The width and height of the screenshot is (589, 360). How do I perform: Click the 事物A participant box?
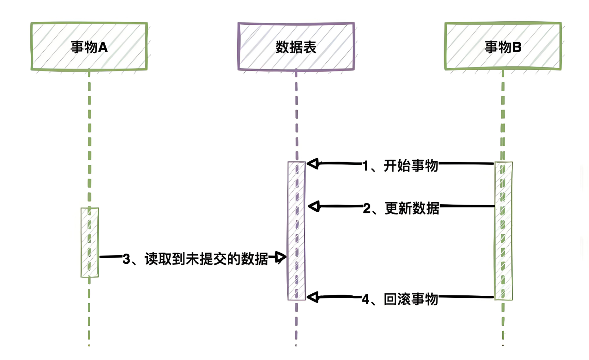[89, 47]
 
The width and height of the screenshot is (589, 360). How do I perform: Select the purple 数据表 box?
[296, 47]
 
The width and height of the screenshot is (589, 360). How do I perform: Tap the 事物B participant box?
[503, 47]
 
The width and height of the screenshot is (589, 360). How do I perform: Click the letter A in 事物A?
[103, 47]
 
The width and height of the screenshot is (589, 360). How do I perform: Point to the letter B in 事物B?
[517, 47]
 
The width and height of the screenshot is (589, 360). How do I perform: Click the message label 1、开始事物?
[400, 166]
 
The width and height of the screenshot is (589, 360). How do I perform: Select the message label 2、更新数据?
[401, 208]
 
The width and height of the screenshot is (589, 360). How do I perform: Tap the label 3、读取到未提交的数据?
[195, 259]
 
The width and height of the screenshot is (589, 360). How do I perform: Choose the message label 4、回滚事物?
[400, 299]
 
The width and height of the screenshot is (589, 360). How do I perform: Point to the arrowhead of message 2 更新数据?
[314, 206]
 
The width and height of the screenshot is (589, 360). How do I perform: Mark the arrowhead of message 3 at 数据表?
[280, 257]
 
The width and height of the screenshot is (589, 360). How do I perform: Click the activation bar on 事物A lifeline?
[89, 242]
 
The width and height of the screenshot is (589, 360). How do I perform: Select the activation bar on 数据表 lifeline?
[297, 231]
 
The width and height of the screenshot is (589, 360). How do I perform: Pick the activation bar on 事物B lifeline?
[504, 231]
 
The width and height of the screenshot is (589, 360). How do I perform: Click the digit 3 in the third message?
[126, 259]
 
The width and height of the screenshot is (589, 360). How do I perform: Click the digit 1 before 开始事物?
[366, 166]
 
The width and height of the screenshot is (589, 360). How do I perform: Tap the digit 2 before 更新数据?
[367, 209]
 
